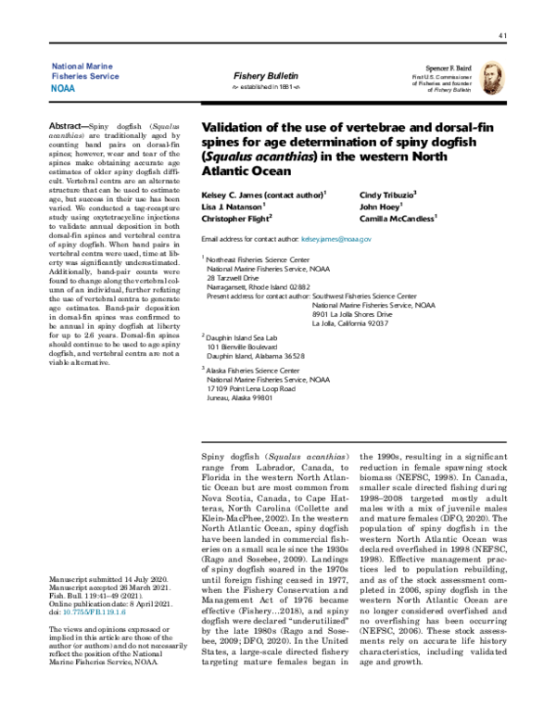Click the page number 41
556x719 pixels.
coord(502,36)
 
